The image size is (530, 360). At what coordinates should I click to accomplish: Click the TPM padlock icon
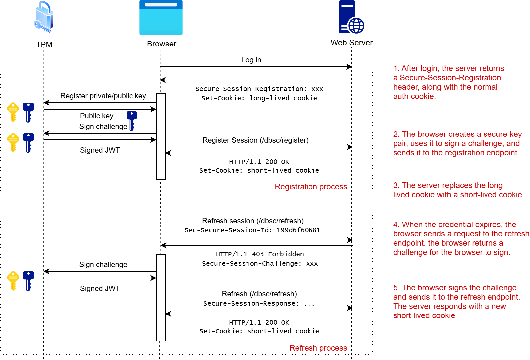44,17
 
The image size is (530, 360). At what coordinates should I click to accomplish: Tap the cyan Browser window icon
161,17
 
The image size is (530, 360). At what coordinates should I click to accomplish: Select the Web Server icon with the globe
351,17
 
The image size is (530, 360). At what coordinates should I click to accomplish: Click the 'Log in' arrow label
251,60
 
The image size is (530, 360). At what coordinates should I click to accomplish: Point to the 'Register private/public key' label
103,96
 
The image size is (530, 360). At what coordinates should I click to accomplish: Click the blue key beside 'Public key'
132,121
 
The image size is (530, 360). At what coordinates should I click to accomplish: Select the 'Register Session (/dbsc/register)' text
255,140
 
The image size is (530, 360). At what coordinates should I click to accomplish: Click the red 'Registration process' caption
311,187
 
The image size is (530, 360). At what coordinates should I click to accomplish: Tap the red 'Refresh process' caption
318,348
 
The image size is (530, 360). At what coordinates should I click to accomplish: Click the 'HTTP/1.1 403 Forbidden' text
260,254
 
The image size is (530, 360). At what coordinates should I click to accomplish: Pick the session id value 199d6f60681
298,230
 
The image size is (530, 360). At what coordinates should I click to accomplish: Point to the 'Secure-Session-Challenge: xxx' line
260,264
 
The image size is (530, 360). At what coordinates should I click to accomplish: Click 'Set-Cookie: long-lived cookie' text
259,98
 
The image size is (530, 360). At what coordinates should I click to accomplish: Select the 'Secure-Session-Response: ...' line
259,304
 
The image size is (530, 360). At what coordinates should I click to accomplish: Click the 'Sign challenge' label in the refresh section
103,265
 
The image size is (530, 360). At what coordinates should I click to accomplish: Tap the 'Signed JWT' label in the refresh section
100,289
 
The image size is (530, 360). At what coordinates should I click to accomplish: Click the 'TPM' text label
44,45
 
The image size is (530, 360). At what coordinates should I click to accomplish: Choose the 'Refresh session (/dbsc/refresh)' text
253,221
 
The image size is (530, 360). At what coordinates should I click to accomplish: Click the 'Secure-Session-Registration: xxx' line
259,89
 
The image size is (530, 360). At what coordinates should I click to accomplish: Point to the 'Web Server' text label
352,43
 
